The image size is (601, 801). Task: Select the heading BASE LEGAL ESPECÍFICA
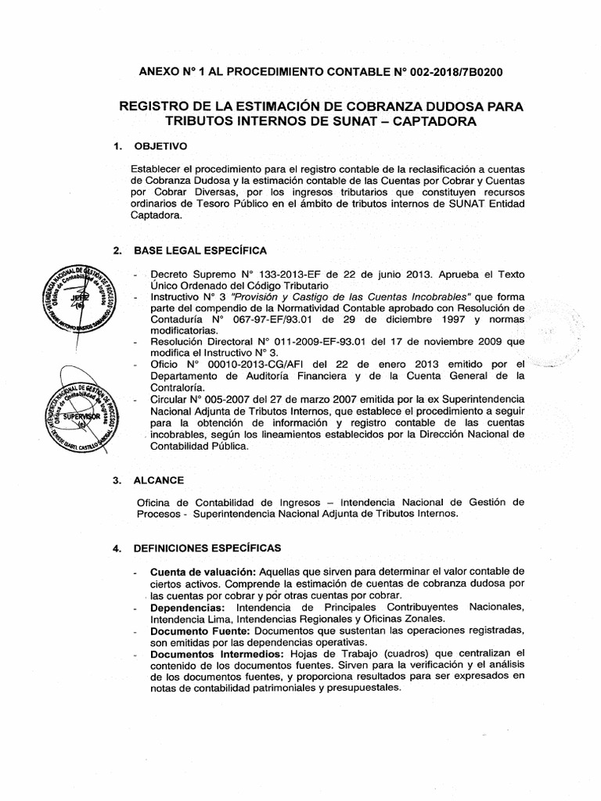pyautogui.click(x=200, y=250)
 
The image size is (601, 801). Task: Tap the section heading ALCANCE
pyautogui.click(x=160, y=460)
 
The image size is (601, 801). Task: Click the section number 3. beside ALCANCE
pyautogui.click(x=117, y=460)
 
